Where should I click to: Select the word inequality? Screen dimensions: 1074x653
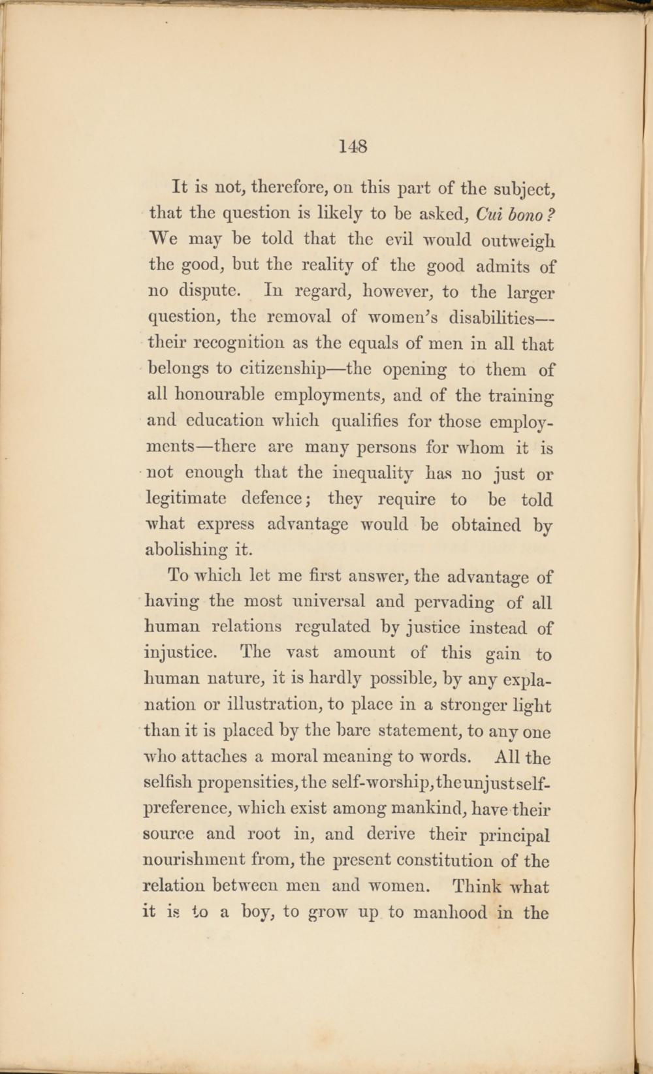coord(372,473)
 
